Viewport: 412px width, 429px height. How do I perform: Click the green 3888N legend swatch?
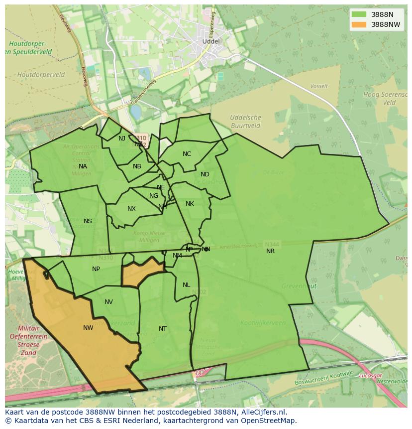(358, 14)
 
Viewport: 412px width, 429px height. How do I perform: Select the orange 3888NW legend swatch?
(358, 24)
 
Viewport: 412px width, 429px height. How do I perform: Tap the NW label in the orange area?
(88, 328)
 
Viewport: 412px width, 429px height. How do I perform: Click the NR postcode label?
(270, 251)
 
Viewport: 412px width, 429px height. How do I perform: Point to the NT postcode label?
(163, 329)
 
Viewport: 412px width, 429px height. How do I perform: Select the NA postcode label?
(83, 166)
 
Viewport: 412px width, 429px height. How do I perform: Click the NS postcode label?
(88, 221)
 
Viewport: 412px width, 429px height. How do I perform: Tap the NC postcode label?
(187, 154)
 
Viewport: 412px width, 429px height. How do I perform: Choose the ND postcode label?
(205, 174)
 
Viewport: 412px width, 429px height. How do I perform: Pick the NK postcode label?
(190, 204)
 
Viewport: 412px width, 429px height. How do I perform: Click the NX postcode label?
(131, 209)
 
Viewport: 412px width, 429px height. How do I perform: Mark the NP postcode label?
(96, 269)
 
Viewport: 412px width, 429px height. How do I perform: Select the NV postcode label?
(108, 302)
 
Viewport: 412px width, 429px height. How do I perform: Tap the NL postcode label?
(186, 285)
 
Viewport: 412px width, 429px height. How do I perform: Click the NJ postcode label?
(122, 139)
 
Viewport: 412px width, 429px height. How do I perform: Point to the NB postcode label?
(137, 166)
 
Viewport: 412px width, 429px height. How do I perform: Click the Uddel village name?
(210, 41)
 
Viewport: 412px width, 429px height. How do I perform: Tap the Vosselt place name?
(319, 86)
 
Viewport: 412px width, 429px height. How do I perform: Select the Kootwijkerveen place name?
(263, 323)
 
